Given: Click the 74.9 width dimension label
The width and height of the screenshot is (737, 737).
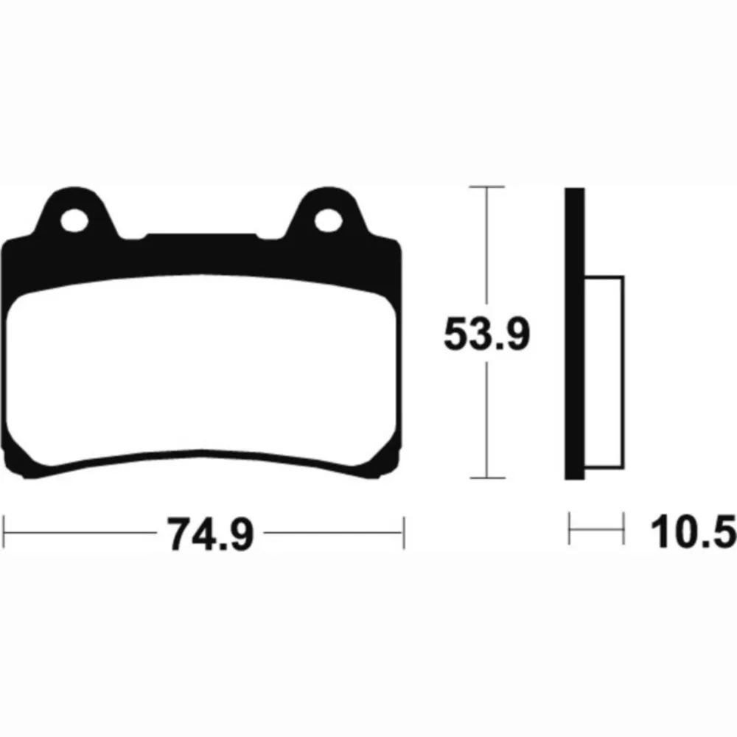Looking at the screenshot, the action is click(x=210, y=534).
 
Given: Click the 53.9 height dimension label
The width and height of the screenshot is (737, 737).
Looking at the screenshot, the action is click(x=487, y=333).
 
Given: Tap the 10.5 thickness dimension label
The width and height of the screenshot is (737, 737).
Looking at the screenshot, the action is click(x=694, y=531).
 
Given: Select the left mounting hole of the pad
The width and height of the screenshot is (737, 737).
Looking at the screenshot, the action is click(x=74, y=220).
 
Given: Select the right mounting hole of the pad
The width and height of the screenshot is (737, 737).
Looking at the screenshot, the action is click(x=328, y=220).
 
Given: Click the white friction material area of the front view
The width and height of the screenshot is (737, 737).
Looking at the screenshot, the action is click(x=201, y=366).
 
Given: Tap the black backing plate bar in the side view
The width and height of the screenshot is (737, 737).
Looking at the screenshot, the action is click(x=574, y=333).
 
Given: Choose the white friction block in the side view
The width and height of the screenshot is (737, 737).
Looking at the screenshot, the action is click(x=604, y=372).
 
